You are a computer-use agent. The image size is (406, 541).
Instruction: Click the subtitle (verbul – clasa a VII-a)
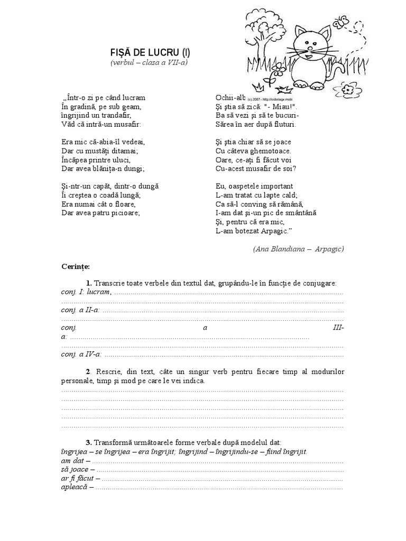pos(149,62)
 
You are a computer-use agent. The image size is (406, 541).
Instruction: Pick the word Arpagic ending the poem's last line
pos(272,231)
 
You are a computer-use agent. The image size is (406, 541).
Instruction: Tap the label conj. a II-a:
pos(80,310)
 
